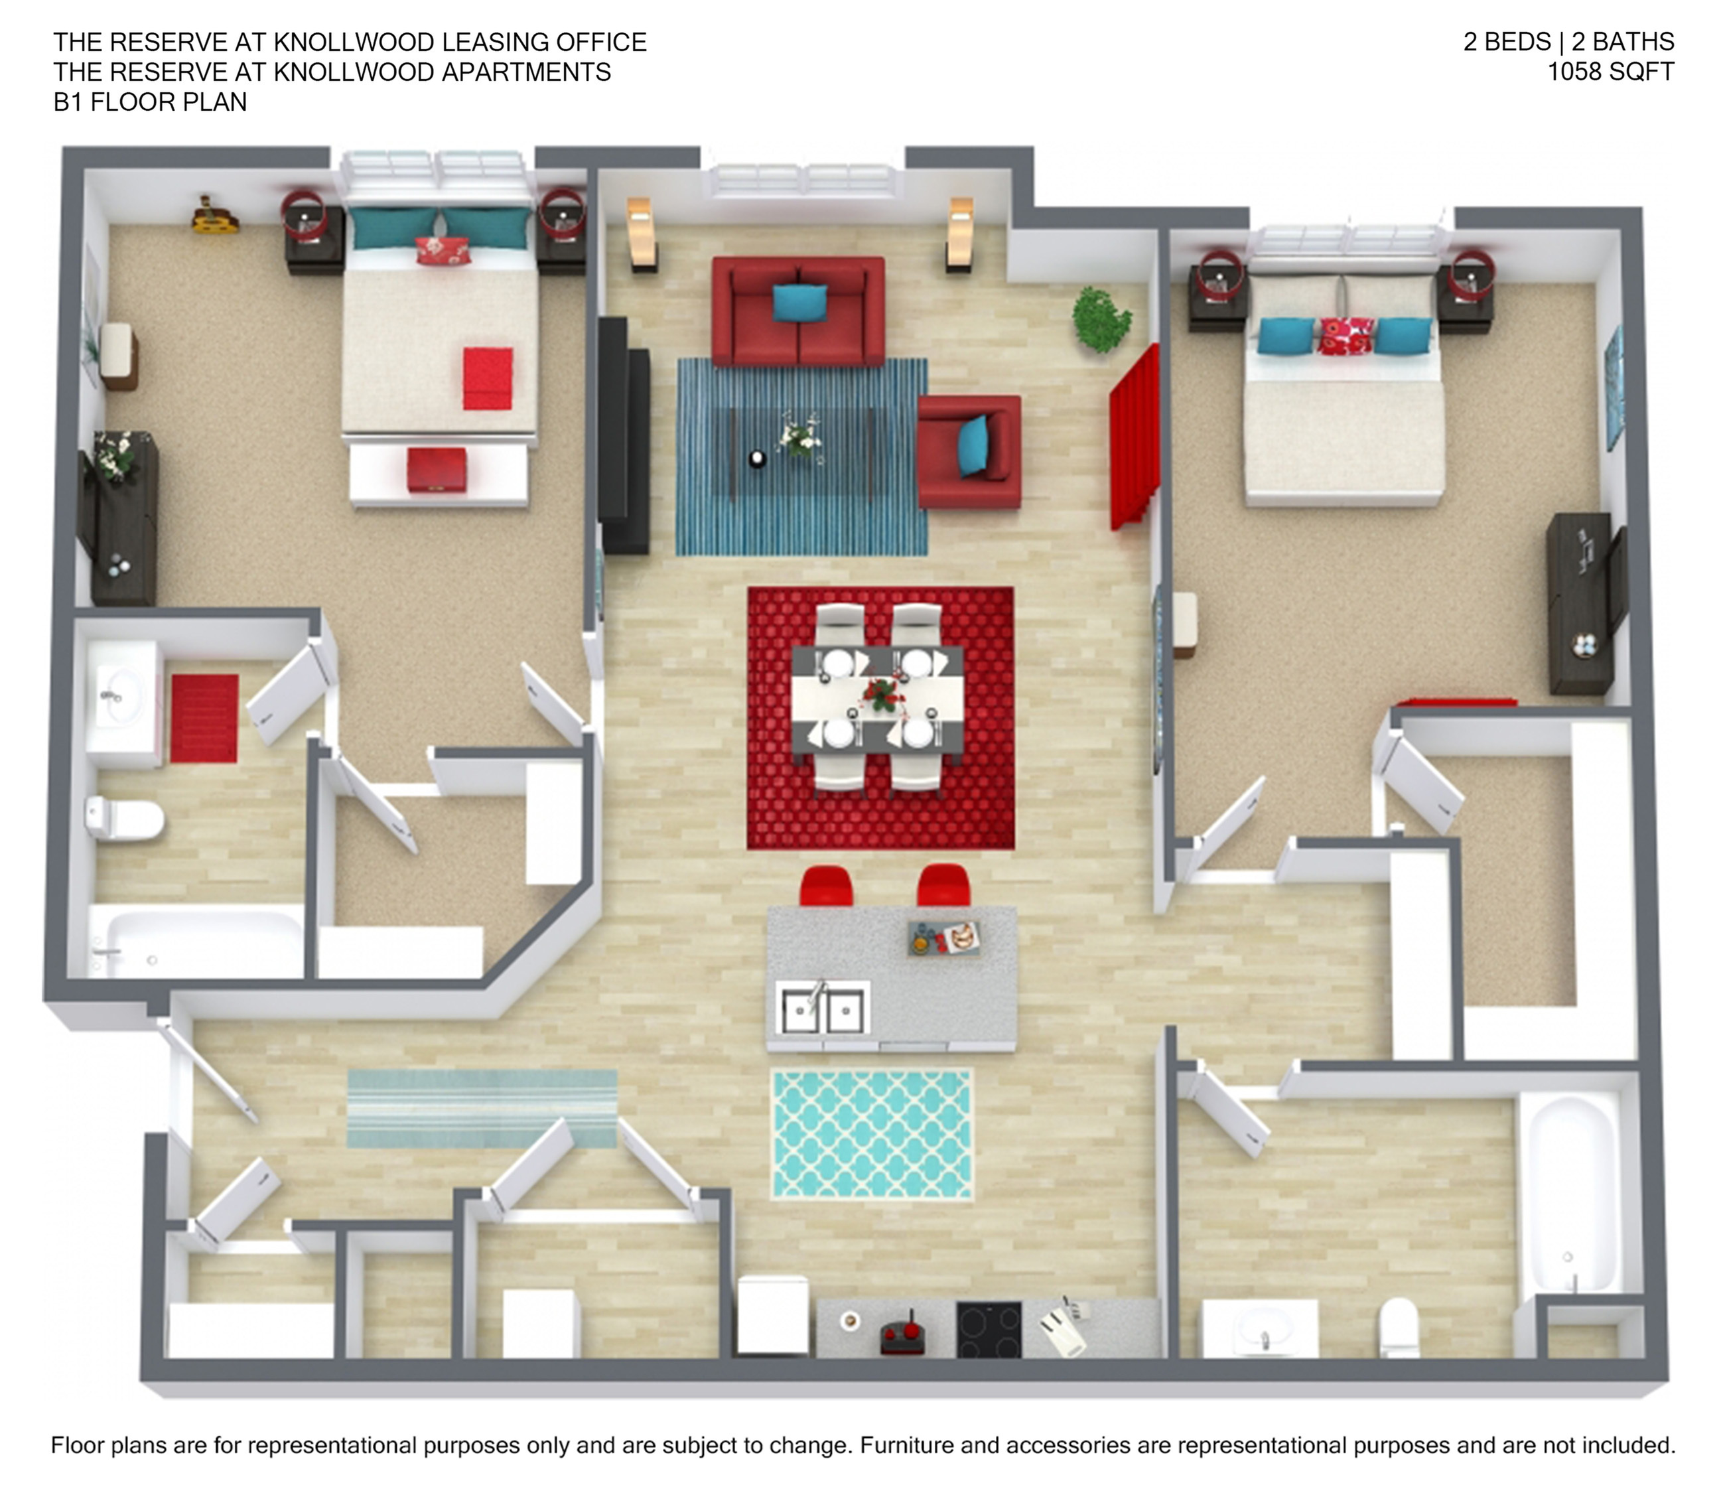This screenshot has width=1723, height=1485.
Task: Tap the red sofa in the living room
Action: pyautogui.click(x=798, y=311)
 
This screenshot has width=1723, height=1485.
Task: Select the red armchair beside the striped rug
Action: pyautogui.click(x=969, y=451)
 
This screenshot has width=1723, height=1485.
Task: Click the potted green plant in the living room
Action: pyautogui.click(x=1101, y=319)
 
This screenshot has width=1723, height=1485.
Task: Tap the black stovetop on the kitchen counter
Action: pyautogui.click(x=988, y=1328)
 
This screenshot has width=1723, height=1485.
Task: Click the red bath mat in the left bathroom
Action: pyautogui.click(x=204, y=719)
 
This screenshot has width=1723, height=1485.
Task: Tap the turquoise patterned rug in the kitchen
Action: pyautogui.click(x=872, y=1134)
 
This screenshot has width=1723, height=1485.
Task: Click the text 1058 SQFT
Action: pyautogui.click(x=1610, y=72)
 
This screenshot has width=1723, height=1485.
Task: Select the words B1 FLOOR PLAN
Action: pyautogui.click(x=151, y=102)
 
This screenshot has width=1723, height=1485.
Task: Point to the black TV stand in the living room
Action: pyautogui.click(x=624, y=436)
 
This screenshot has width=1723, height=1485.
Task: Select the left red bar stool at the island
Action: pyautogui.click(x=826, y=886)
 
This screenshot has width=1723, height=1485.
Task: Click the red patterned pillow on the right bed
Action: pyautogui.click(x=1345, y=336)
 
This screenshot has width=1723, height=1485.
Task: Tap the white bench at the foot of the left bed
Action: pyautogui.click(x=439, y=473)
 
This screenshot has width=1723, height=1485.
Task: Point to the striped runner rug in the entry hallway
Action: pyautogui.click(x=482, y=1108)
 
